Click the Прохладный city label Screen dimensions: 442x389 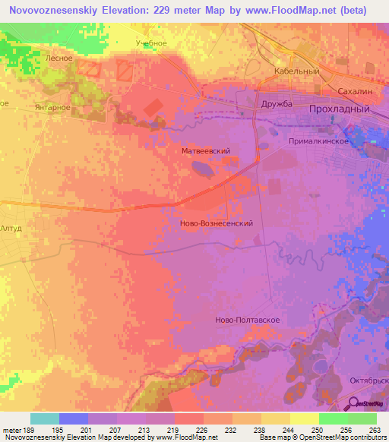pyautogui.click(x=339, y=109)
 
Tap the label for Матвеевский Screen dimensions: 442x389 pyautogui.click(x=206, y=152)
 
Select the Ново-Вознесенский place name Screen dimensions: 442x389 pyautogui.click(x=216, y=224)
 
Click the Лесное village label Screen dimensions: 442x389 pyautogui.click(x=59, y=58)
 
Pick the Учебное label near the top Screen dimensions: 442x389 pyautogui.click(x=151, y=43)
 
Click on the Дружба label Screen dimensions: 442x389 pyautogui.click(x=277, y=103)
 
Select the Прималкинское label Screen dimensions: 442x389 pyautogui.click(x=318, y=141)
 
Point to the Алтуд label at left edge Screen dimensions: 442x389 pyautogui.click(x=11, y=227)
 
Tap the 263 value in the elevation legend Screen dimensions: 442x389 pyautogui.click(x=374, y=431)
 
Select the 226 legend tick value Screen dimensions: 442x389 pyautogui.click(x=201, y=431)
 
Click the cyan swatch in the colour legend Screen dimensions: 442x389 pyautogui.click(x=45, y=418)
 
